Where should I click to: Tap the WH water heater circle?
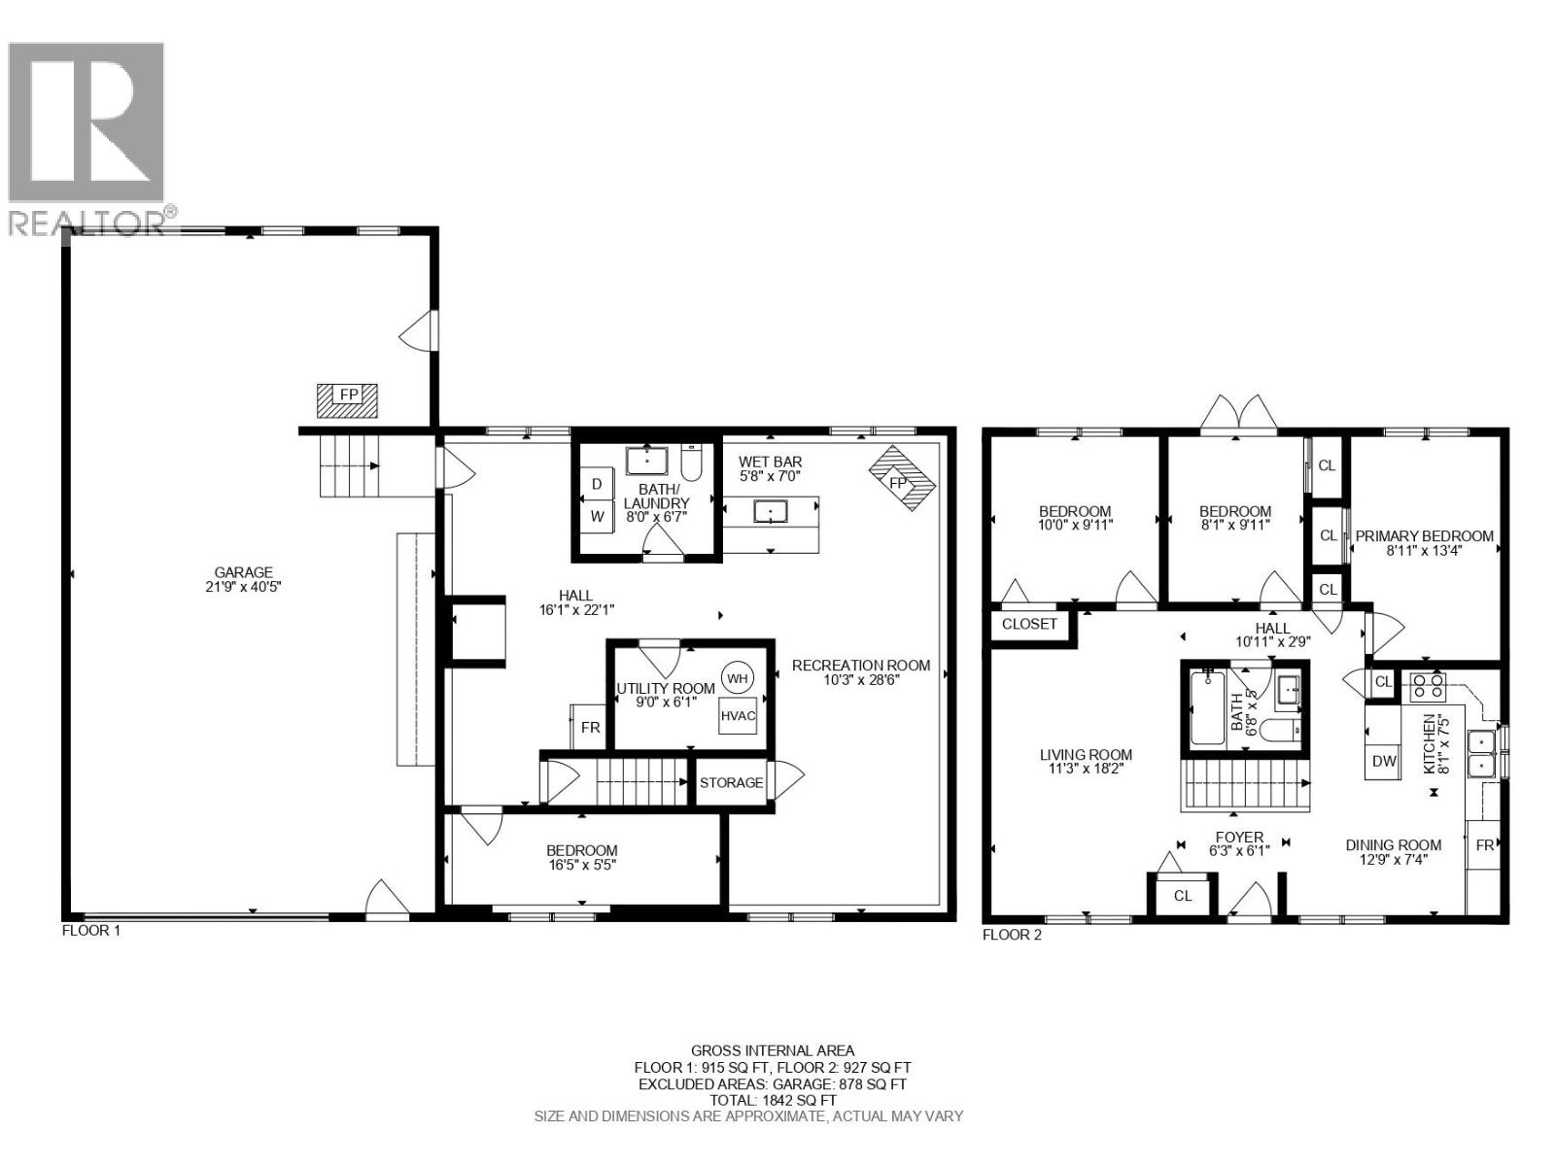point(738,678)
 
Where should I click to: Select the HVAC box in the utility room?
point(739,716)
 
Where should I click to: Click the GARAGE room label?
point(244,572)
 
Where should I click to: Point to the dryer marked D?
point(597,484)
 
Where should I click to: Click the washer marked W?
point(597,517)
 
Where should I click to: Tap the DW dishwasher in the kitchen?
point(1384,762)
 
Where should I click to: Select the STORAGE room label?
point(731,782)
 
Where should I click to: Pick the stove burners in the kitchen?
point(1428,687)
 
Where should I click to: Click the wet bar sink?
point(771,510)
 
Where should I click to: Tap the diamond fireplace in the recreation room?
point(901,479)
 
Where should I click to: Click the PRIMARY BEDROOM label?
point(1424,536)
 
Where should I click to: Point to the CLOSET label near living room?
point(1029,624)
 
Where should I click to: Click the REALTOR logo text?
point(86,223)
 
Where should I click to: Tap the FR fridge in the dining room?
point(1484,845)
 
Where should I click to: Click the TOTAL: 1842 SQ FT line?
point(773,1100)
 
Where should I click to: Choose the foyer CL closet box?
point(1182,896)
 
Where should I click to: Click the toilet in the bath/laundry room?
point(691,463)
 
